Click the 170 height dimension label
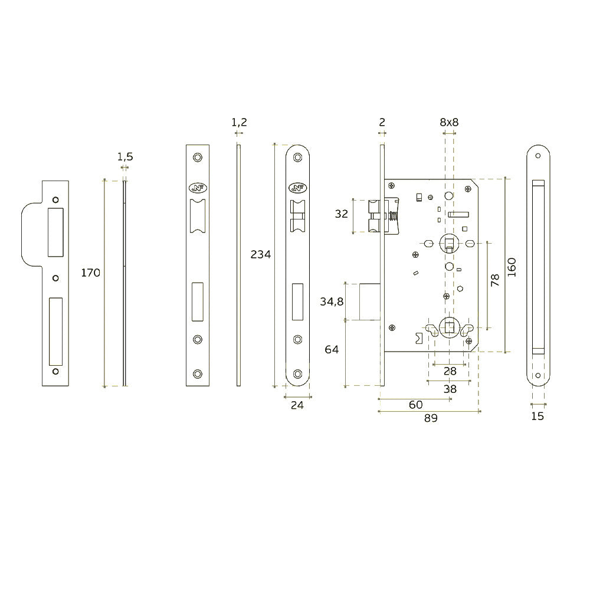pos(91,273)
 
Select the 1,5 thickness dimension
pos(125,156)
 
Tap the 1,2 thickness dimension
pos(239,122)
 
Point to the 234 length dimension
pos(261,255)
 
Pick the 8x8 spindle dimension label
pos(449,122)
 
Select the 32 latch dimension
pos(342,214)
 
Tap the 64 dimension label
pos(332,349)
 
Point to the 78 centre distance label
pos(495,280)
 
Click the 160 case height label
pos(512,268)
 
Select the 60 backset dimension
pos(416,404)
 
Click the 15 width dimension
pos(537,416)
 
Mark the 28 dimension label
pos(450,371)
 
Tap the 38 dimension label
pos(450,389)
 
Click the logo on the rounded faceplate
pos(298,188)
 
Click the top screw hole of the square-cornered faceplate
pos(197,158)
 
